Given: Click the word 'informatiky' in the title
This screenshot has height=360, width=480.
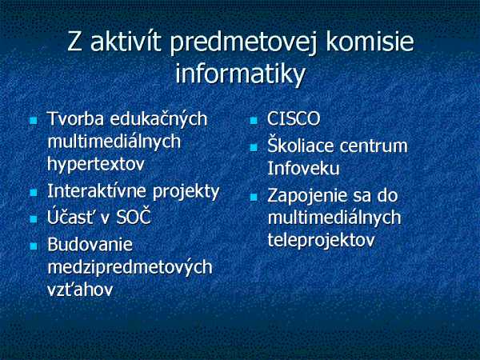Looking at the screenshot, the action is [241, 74].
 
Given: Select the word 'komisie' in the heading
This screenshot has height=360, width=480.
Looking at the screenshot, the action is [370, 42].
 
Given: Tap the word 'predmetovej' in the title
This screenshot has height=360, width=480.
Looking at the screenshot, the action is [244, 44].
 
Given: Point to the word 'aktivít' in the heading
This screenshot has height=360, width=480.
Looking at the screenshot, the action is [126, 42].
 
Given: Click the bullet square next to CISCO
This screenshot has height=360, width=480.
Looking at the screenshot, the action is [254, 121].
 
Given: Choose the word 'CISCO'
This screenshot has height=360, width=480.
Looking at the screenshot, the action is [294, 118].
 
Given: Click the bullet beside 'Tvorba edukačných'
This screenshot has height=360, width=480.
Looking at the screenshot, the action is [34, 120].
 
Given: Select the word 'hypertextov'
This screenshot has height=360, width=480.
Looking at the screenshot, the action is [96, 166].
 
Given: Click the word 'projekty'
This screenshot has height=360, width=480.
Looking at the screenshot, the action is [186, 193].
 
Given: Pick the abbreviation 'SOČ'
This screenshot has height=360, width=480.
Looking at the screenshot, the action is [134, 217].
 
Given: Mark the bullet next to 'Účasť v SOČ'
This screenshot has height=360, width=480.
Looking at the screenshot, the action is [34, 219].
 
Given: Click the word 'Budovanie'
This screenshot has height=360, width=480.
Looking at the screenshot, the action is [90, 245].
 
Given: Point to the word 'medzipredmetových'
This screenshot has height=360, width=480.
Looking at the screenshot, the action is [130, 267].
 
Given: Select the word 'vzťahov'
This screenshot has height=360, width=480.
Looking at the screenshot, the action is [80, 290].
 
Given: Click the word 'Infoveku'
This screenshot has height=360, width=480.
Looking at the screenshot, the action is [303, 168].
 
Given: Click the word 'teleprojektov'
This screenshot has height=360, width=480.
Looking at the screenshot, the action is [321, 241].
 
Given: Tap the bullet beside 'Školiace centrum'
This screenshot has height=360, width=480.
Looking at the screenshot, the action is [254, 148].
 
